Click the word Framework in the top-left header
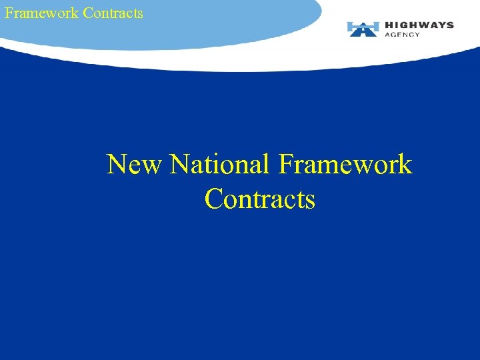[41, 13]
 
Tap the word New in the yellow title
[133, 164]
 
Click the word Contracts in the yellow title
[260, 199]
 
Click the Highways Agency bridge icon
[363, 29]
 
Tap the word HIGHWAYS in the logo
[419, 25]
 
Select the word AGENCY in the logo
[403, 35]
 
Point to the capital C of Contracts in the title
[214, 199]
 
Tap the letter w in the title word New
[151, 167]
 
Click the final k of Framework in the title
[405, 164]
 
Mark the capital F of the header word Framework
[8, 13]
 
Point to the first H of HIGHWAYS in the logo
[389, 25]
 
